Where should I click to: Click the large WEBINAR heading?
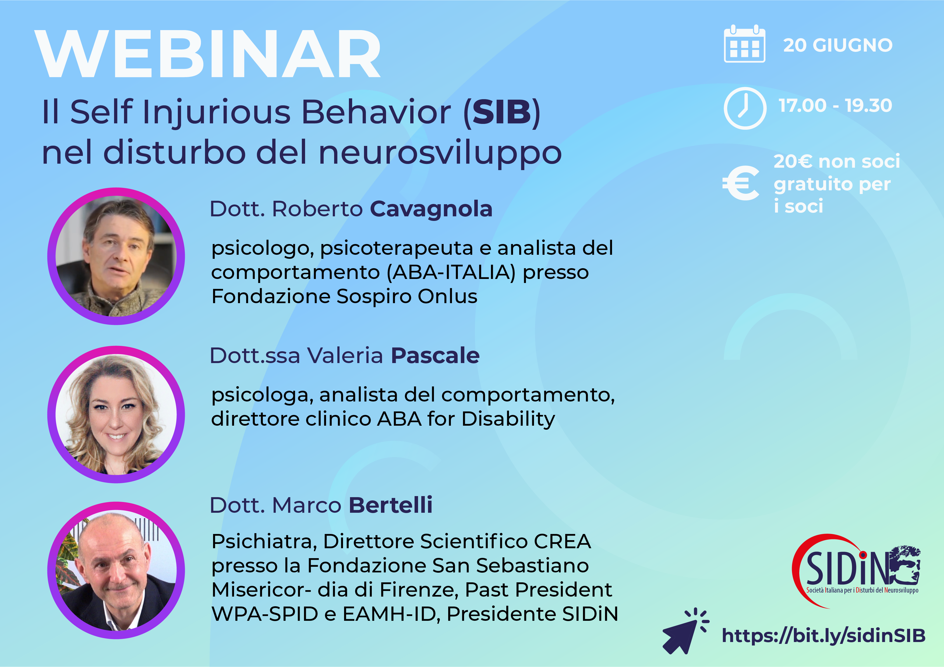pyautogui.click(x=208, y=54)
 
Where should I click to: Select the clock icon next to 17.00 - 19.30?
pyautogui.click(x=745, y=108)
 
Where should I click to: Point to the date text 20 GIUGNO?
pyautogui.click(x=837, y=45)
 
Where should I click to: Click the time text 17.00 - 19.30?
pyautogui.click(x=835, y=106)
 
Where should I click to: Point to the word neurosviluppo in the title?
pyautogui.click(x=440, y=152)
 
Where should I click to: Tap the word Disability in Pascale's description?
pyautogui.click(x=508, y=419)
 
